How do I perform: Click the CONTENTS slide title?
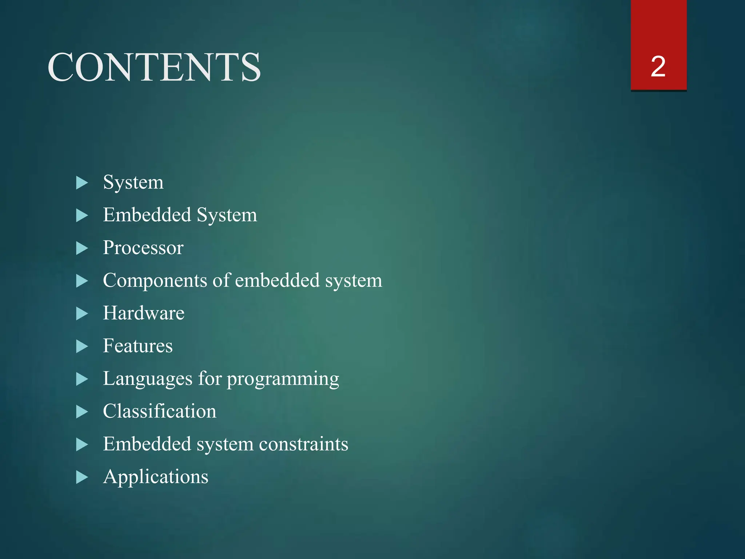pos(154,67)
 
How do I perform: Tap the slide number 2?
pos(658,67)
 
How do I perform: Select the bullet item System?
pos(133,182)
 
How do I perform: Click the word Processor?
pos(143,248)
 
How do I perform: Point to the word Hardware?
pos(144,313)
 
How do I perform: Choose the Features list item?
pos(138,346)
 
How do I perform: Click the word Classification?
pos(159,411)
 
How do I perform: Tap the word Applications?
pos(156,477)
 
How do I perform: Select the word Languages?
pos(147,379)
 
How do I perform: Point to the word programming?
pos(283,380)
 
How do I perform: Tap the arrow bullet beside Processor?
pos(82,249)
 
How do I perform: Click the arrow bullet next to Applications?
pos(82,477)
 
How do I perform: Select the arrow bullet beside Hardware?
pos(82,314)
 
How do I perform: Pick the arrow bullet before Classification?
pos(82,412)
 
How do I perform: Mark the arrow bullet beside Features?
pos(82,346)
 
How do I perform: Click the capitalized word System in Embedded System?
pos(227,215)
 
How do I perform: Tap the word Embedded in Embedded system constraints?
pos(147,444)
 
